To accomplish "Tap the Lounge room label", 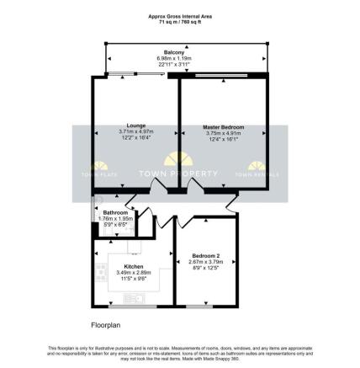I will pos(134,127).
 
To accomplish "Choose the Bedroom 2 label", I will pos(205,254).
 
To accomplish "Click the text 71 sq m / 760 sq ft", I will pos(180,20).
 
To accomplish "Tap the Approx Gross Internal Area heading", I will pos(180,15).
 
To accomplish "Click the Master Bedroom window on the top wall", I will pos(221,77).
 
